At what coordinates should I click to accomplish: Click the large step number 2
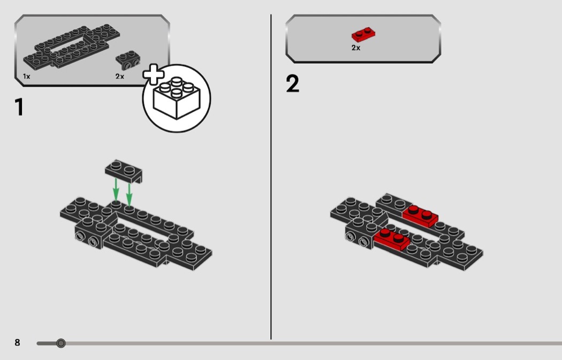click(292, 84)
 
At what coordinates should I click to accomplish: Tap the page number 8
click(17, 342)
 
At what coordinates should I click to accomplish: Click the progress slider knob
click(61, 343)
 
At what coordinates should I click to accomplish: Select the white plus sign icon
click(154, 74)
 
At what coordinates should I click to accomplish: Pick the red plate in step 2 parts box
click(363, 35)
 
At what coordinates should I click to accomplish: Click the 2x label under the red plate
click(355, 48)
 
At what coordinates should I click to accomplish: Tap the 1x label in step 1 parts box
click(27, 76)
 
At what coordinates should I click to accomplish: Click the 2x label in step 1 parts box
click(120, 76)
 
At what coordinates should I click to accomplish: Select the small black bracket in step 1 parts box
click(128, 60)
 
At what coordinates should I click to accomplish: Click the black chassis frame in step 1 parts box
click(72, 46)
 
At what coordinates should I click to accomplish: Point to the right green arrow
click(129, 194)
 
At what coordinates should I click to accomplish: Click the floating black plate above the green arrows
click(124, 171)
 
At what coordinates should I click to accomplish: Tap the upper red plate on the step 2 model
click(420, 216)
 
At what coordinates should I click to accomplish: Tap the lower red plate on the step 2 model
click(392, 239)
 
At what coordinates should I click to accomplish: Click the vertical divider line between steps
click(271, 177)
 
